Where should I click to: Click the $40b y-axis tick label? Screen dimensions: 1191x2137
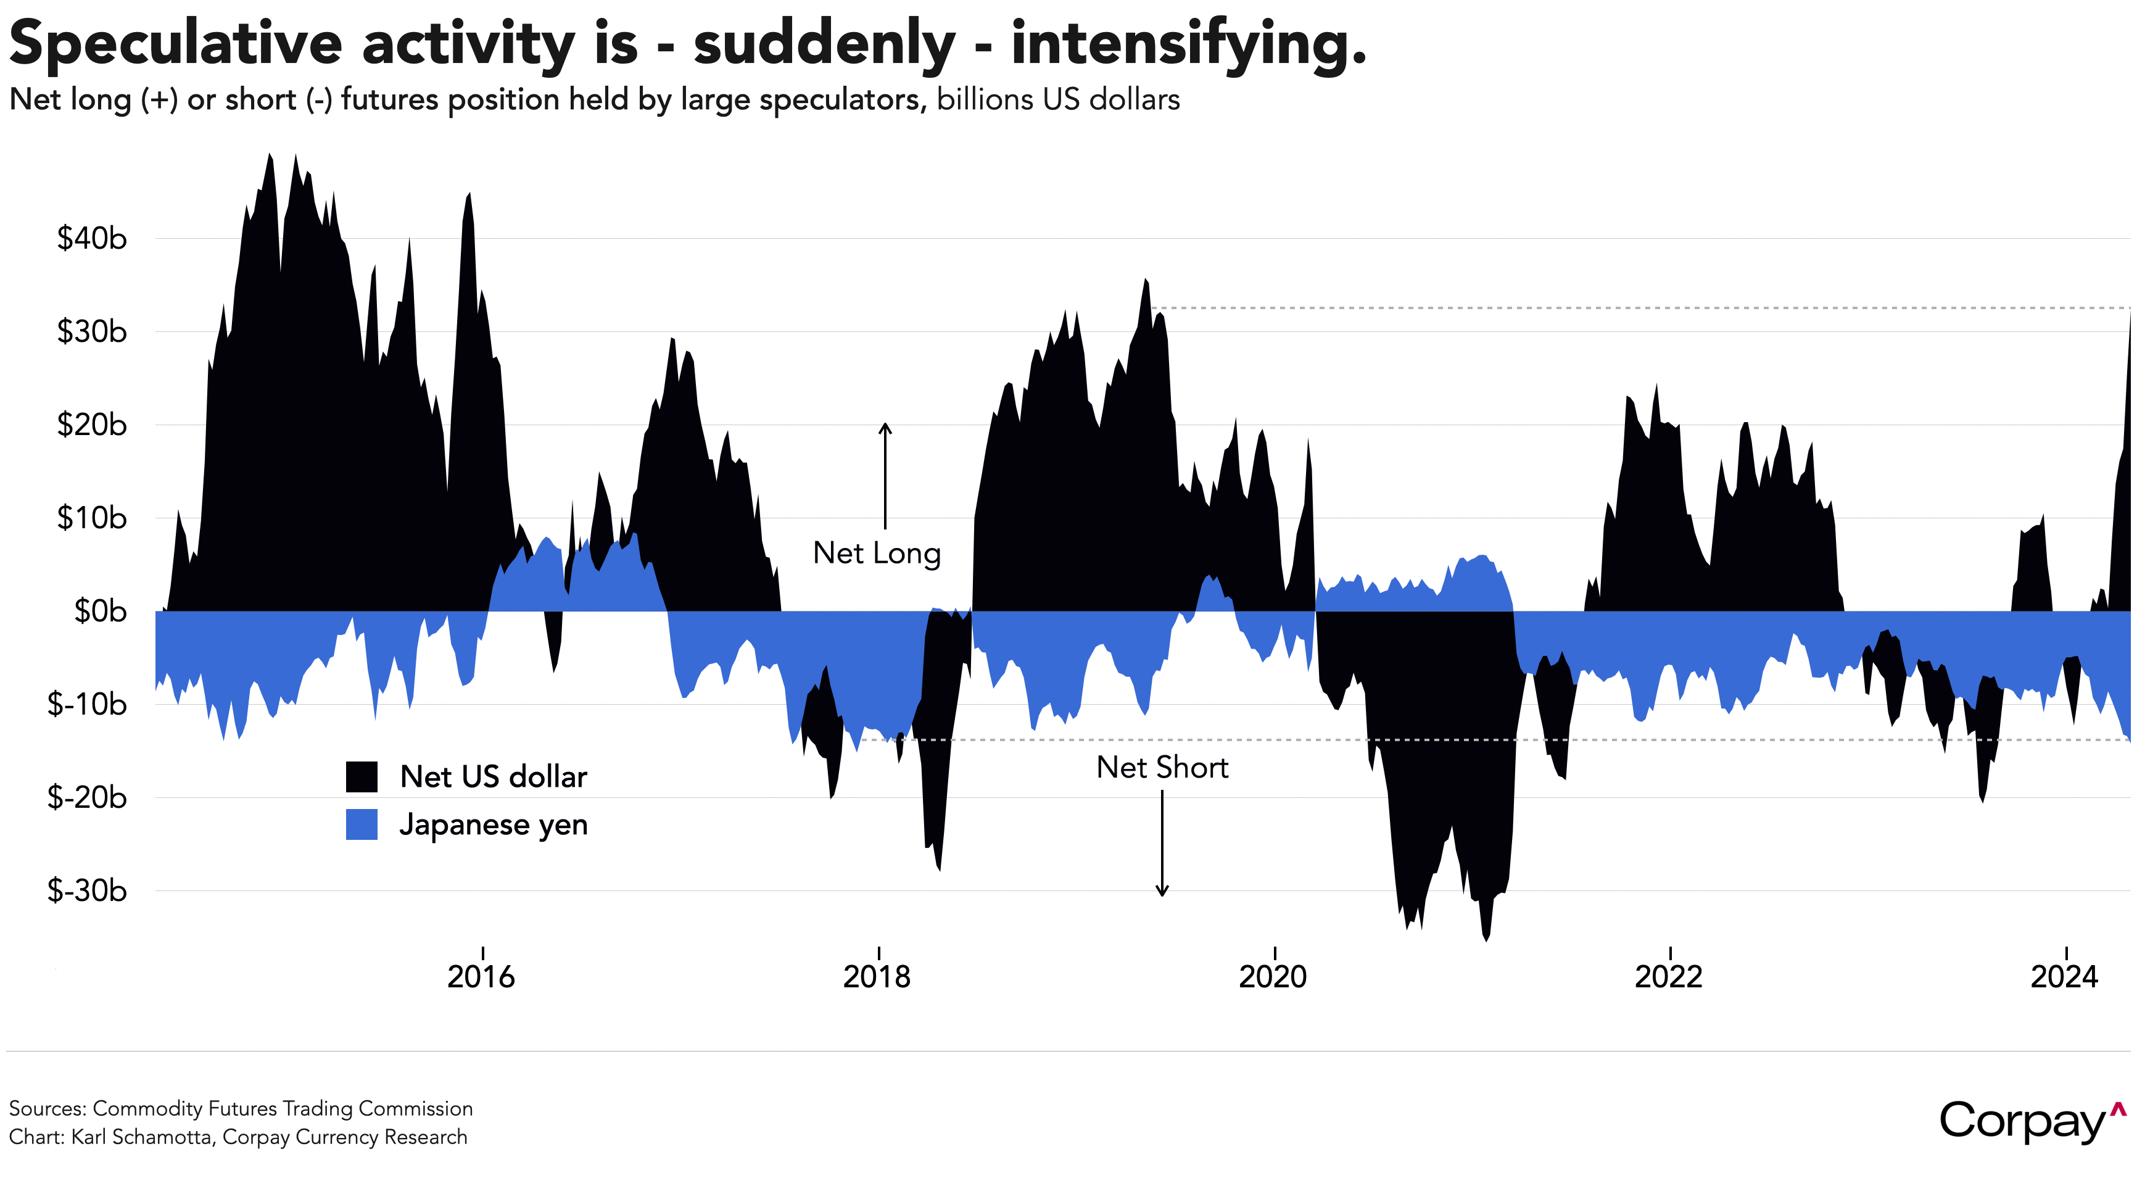[x=91, y=239]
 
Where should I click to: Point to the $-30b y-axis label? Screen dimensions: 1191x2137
[x=87, y=890]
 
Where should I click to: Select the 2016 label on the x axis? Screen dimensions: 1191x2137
[x=481, y=977]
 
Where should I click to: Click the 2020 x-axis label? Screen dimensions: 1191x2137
[x=1273, y=977]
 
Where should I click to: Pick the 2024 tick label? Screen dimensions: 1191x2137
[x=2064, y=977]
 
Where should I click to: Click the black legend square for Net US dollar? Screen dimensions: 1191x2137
[x=362, y=777]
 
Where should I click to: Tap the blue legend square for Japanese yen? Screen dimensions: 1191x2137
[x=362, y=825]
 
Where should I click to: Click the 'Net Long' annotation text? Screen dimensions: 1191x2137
[x=877, y=554]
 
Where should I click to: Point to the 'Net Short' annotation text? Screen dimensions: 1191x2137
[x=1162, y=768]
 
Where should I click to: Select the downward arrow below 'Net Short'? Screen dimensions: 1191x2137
[x=1162, y=843]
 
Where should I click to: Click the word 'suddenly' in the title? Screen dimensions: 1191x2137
[x=824, y=43]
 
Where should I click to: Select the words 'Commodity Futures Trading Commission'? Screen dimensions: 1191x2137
[x=282, y=1109]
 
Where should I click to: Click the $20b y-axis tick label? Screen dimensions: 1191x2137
[x=91, y=425]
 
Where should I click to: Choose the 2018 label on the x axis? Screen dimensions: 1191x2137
[x=877, y=977]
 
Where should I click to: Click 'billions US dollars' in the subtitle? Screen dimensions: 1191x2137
[x=1058, y=99]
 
